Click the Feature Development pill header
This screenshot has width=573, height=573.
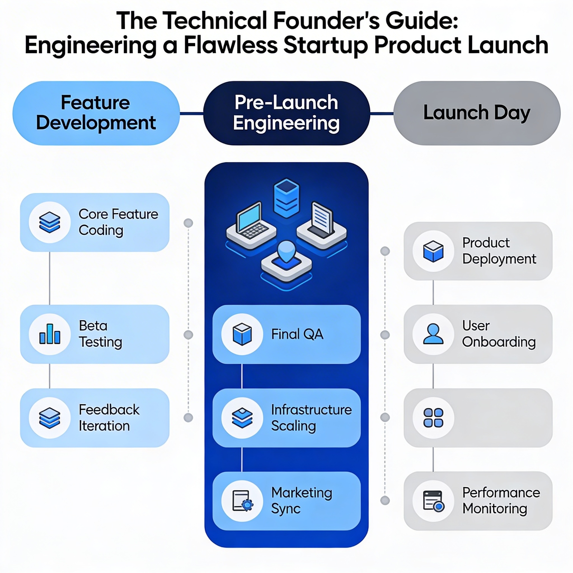[96, 113]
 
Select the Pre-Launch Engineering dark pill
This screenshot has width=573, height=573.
[286, 113]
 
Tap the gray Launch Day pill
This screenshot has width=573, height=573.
[476, 113]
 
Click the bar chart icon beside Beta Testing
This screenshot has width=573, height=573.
[50, 334]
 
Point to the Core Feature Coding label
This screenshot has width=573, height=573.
[118, 222]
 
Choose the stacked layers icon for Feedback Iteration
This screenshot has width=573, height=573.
[50, 418]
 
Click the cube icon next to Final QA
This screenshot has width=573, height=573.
[242, 334]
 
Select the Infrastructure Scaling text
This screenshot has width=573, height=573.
[311, 418]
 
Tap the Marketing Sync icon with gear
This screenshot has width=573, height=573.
[242, 501]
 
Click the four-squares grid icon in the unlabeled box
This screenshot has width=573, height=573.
[433, 418]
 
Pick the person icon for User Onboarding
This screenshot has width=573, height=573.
[433, 334]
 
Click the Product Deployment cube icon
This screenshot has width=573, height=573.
[433, 251]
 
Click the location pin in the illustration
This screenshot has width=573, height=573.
[286, 252]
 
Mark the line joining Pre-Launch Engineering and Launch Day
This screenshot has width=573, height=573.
[381, 113]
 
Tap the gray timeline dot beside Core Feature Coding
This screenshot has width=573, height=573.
[188, 223]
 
